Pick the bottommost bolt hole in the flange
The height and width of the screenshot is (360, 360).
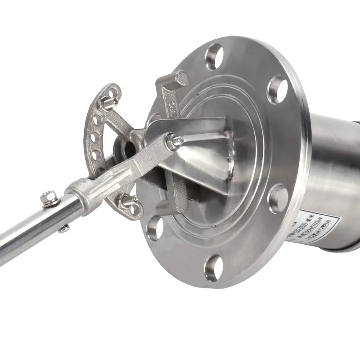(x=213, y=267)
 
